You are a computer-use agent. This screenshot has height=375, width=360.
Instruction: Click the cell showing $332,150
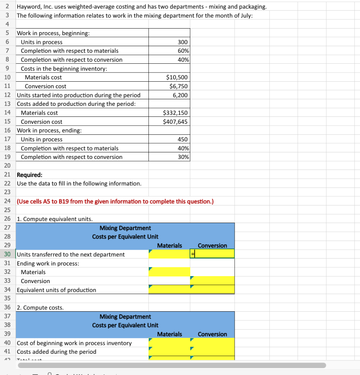click(x=175, y=113)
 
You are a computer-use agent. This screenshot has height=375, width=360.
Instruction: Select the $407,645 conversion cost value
click(x=175, y=122)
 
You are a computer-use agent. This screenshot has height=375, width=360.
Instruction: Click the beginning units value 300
click(x=182, y=42)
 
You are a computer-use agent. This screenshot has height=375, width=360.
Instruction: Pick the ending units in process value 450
click(x=182, y=139)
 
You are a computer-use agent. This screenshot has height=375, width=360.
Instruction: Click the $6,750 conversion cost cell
click(x=179, y=86)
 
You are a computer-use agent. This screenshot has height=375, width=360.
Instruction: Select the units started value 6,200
click(x=180, y=95)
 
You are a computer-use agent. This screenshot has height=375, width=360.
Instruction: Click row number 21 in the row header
click(x=7, y=175)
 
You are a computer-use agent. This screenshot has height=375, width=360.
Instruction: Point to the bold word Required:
click(x=30, y=175)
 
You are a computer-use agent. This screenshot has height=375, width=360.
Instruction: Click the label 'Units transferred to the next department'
click(x=71, y=254)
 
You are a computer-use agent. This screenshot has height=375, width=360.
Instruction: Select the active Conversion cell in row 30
click(x=212, y=254)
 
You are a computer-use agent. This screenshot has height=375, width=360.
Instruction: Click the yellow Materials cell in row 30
click(x=169, y=254)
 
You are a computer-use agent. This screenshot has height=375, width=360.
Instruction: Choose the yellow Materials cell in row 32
click(x=169, y=272)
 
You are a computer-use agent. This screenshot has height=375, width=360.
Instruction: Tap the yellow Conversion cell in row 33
click(x=212, y=281)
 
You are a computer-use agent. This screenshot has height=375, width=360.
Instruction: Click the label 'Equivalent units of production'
click(x=56, y=290)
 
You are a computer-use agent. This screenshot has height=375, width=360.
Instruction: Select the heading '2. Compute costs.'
click(x=40, y=308)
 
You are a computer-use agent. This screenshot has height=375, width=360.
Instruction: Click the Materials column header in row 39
click(x=169, y=334)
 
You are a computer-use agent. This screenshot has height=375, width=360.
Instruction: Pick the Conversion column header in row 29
click(x=212, y=245)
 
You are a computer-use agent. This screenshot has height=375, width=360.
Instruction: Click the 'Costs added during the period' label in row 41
click(x=56, y=352)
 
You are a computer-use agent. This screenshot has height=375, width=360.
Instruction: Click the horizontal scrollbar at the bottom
click(x=172, y=365)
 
